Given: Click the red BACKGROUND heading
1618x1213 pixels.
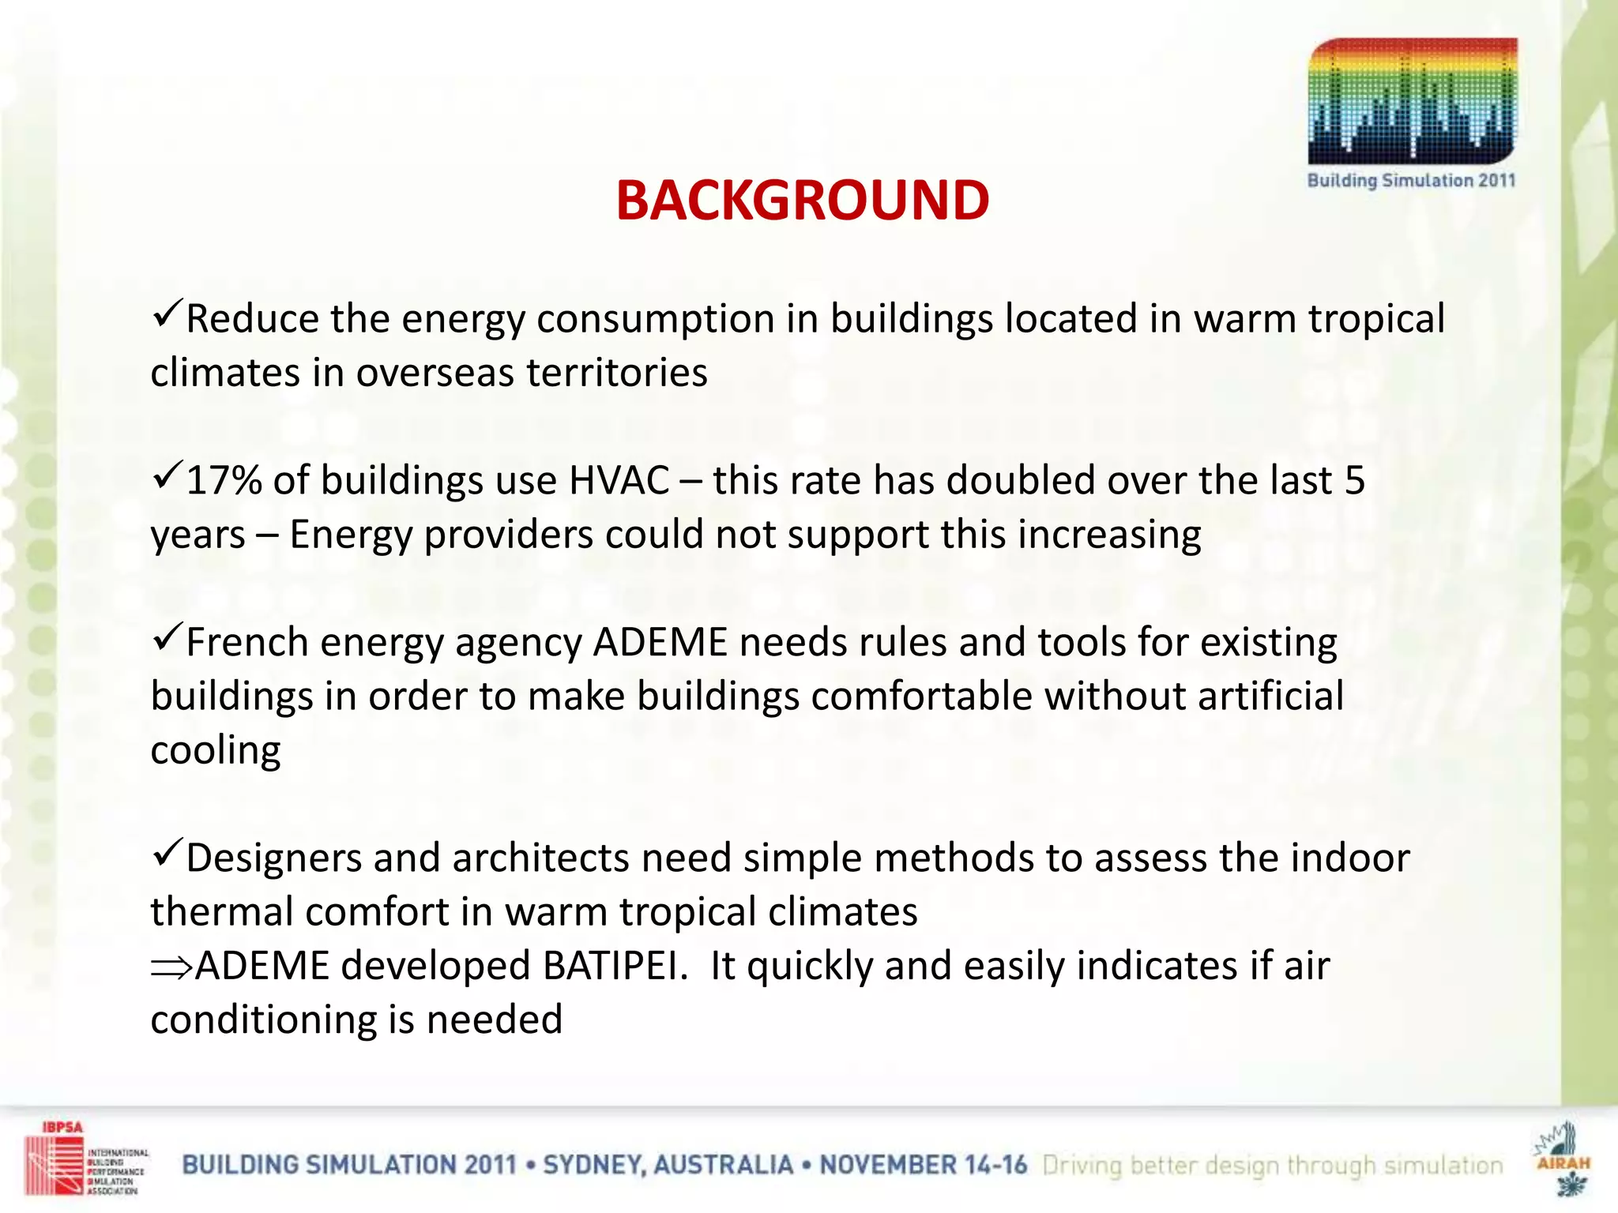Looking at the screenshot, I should click(802, 200).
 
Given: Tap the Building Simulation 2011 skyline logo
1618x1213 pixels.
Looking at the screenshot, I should click(1412, 103).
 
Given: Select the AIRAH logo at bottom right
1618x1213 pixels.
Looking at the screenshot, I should click(1562, 1158).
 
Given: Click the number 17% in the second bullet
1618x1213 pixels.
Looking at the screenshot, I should click(224, 480).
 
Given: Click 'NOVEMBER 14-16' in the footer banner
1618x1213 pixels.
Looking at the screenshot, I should click(923, 1165).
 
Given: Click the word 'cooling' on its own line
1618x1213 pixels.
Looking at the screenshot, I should click(216, 750).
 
